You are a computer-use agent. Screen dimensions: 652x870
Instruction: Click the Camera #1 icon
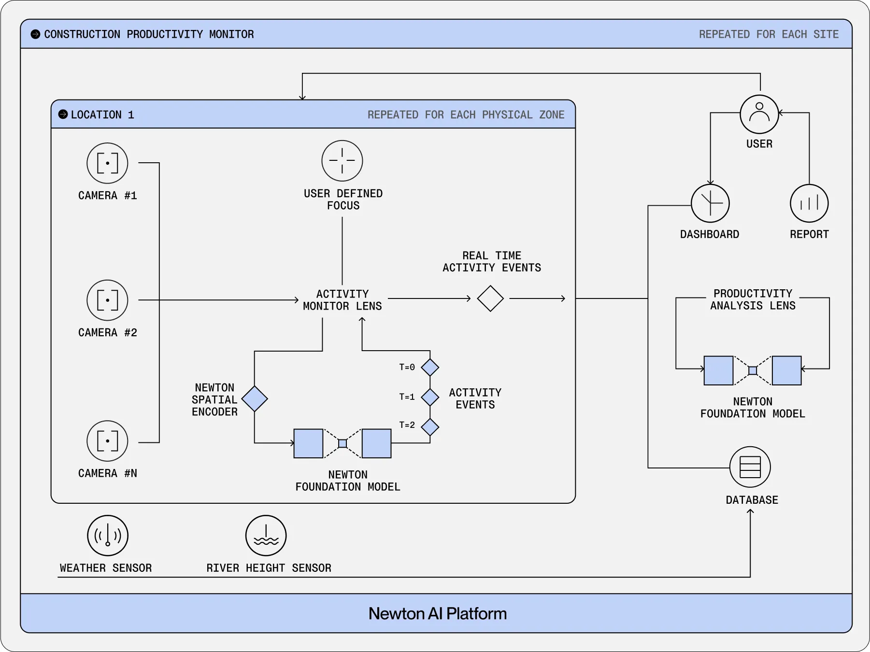click(x=107, y=163)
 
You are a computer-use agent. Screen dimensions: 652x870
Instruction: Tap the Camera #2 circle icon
click(x=107, y=300)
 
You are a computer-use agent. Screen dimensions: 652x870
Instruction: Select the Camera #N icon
click(x=107, y=441)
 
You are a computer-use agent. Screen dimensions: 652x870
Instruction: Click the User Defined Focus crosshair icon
click(x=342, y=161)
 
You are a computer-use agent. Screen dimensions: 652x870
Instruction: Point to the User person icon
click(x=759, y=114)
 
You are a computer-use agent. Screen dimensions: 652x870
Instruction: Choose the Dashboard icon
click(x=710, y=203)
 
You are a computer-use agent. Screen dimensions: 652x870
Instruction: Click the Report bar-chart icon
click(x=809, y=203)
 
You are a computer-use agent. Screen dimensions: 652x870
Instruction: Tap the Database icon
click(x=750, y=467)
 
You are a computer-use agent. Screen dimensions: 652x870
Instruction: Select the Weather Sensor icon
click(x=108, y=536)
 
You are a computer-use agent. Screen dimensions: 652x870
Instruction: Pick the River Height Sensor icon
click(x=266, y=536)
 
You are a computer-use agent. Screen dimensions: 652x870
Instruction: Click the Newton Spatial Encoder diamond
click(x=255, y=399)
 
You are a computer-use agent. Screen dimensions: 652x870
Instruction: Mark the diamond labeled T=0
click(x=430, y=368)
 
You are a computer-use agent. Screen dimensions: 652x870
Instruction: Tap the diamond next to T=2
click(x=430, y=427)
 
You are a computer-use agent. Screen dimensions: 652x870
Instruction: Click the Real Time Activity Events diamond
click(x=490, y=298)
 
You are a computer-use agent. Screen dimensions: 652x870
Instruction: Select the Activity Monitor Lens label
click(x=342, y=300)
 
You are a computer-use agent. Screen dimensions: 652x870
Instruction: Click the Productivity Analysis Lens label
click(x=753, y=299)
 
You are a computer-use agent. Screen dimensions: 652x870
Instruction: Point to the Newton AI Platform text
click(x=437, y=613)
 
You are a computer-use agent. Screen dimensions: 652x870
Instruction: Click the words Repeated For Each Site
click(x=769, y=34)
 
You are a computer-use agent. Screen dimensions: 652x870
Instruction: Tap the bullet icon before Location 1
click(x=63, y=114)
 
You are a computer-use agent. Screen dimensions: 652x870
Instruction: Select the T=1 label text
click(x=407, y=397)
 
